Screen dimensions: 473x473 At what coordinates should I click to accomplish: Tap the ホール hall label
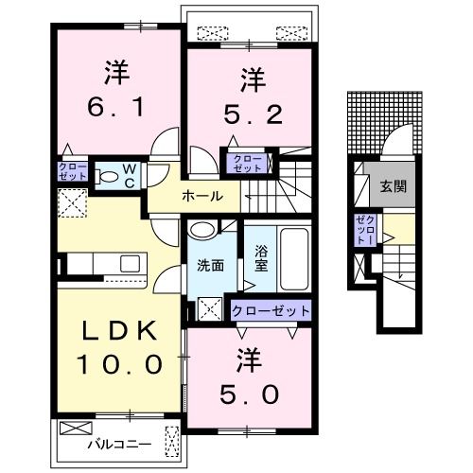202,196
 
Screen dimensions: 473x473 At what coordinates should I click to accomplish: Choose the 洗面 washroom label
210,265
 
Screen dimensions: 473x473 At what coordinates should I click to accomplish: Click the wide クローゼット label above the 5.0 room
270,311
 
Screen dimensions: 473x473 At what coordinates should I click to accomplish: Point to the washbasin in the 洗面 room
202,230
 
